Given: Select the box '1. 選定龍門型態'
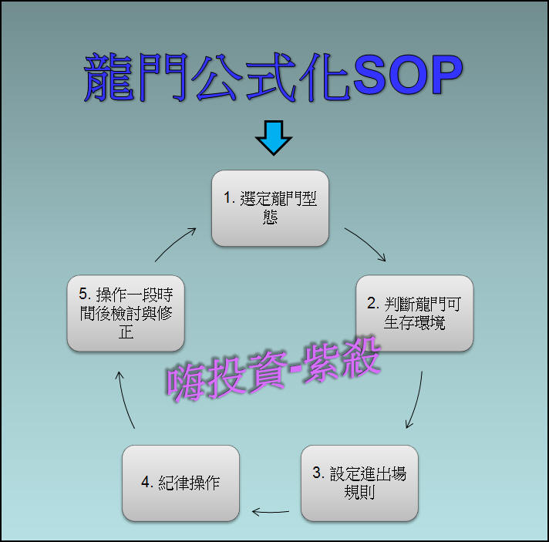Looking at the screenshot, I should point(270,208).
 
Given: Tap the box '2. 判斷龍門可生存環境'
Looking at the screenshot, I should point(414,313).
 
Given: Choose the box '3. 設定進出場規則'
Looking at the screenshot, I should point(359,483).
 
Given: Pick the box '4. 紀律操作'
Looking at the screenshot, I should point(180,483).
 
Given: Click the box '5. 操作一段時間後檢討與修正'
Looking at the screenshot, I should point(126,313).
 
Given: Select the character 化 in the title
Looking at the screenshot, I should point(323,78).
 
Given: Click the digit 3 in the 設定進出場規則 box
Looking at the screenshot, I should point(317,474).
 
